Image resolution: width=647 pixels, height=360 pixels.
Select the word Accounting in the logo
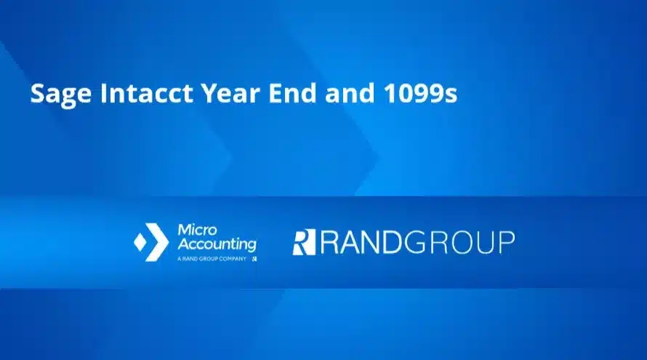[217, 244]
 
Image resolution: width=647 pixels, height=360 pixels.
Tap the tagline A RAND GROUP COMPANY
[212, 258]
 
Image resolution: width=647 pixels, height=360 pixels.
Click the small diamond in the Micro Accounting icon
[140, 242]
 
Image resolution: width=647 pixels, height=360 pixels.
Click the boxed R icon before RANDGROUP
[303, 242]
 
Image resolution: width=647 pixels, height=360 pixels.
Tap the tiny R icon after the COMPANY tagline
[254, 258]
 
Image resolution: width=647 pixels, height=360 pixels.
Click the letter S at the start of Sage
[36, 95]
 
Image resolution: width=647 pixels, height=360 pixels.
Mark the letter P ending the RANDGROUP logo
[505, 242]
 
